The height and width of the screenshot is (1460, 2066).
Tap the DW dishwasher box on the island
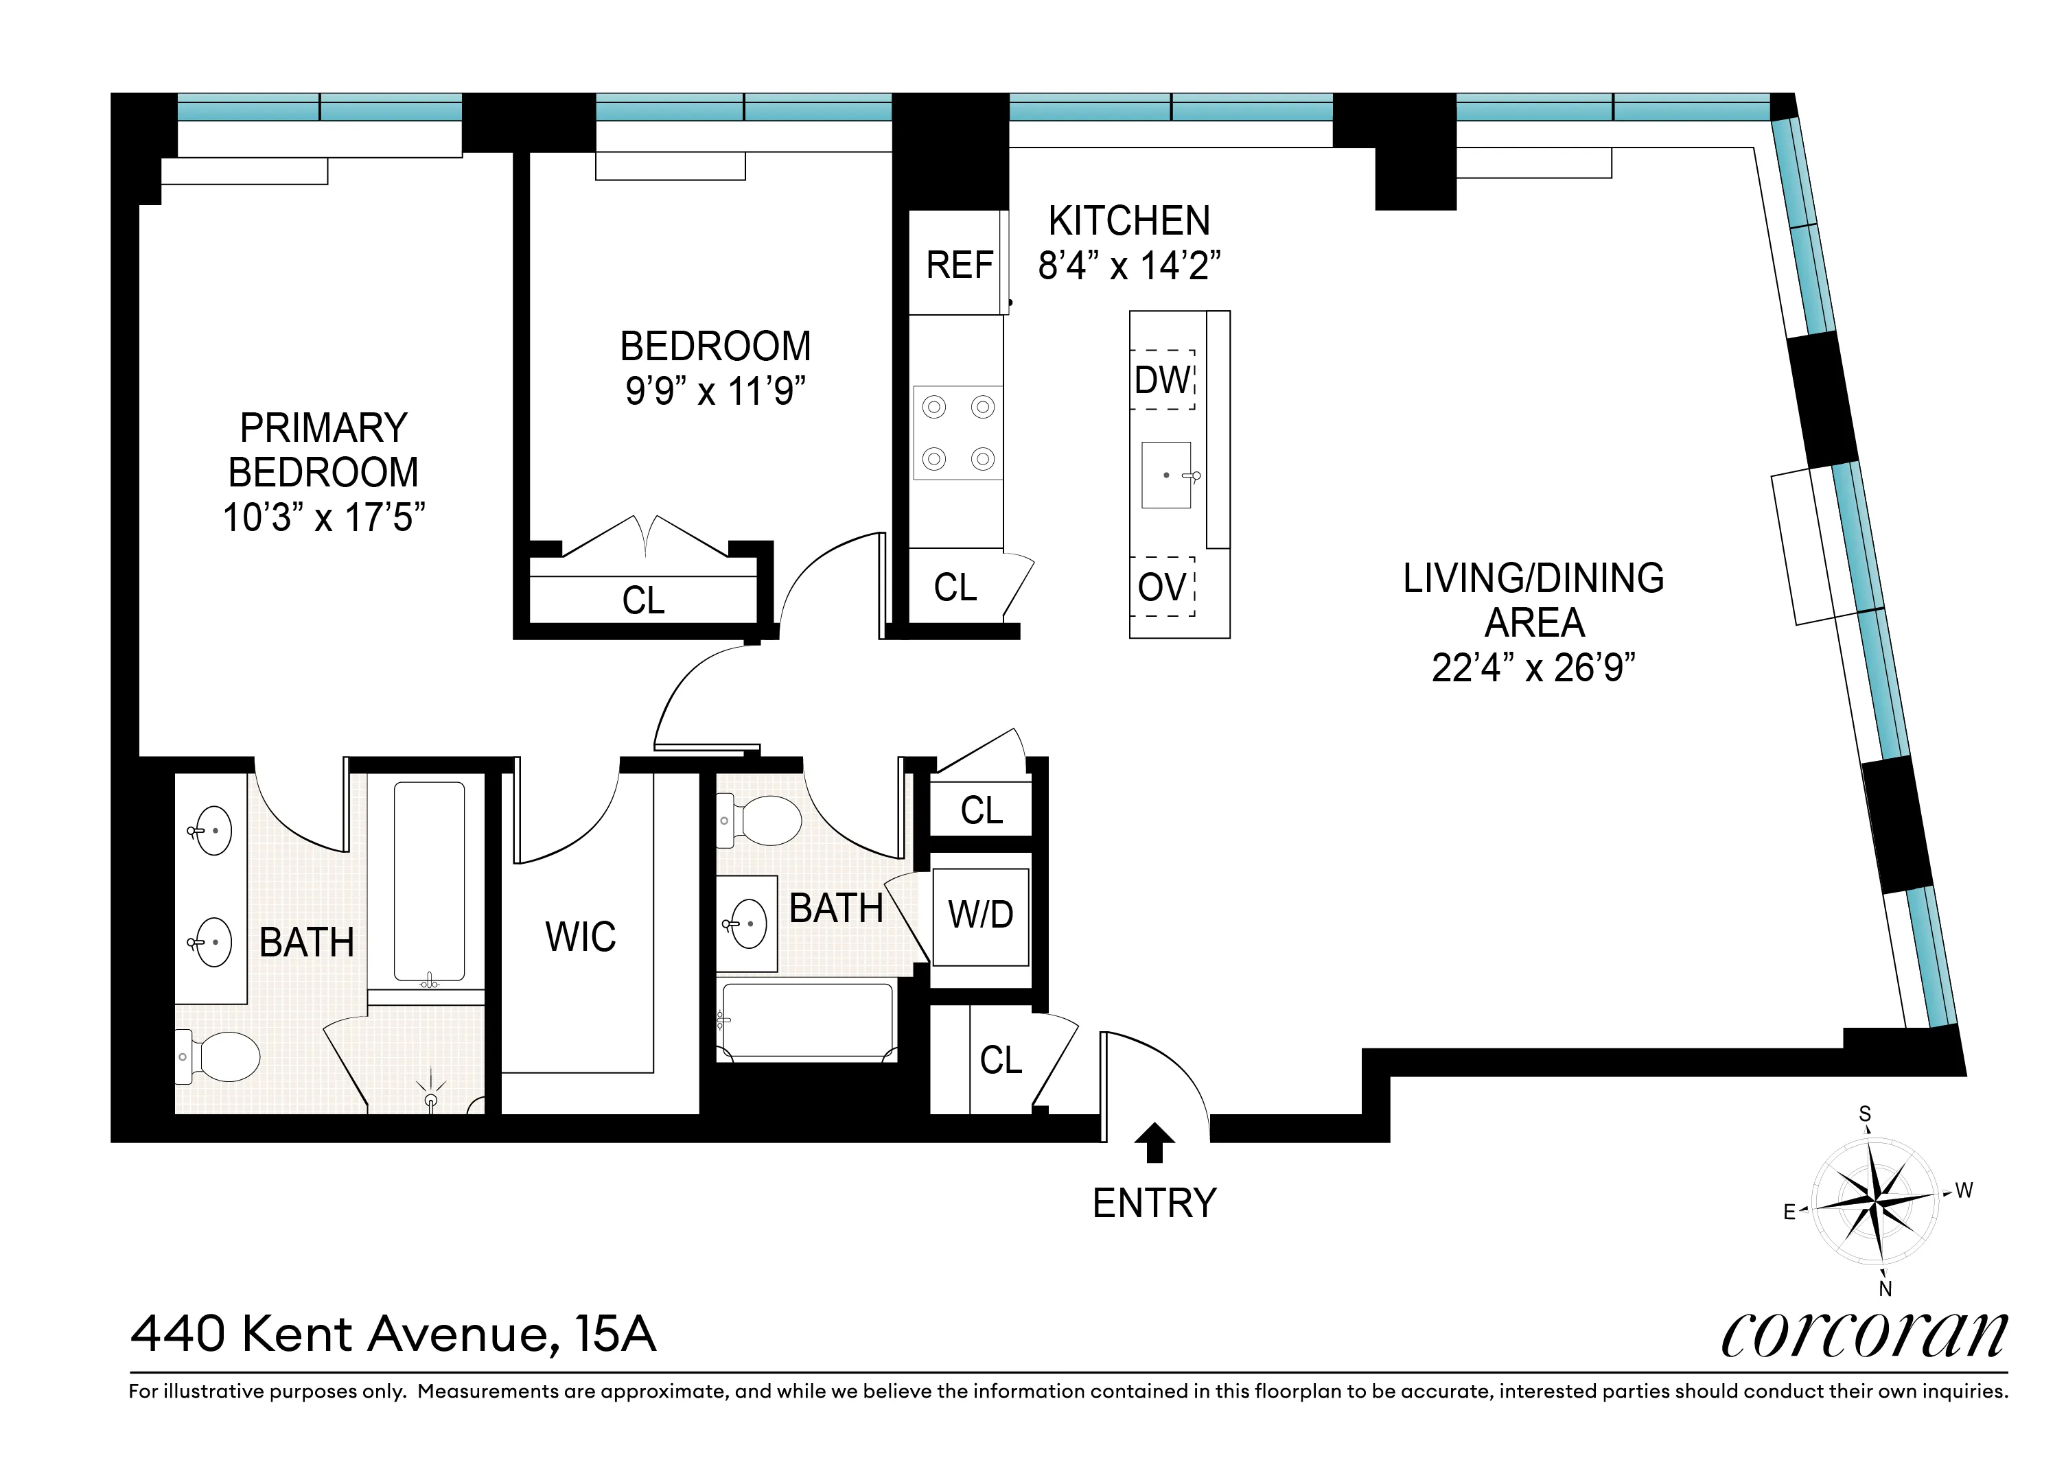[x=1163, y=379]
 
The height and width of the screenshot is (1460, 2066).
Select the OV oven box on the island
[x=1163, y=587]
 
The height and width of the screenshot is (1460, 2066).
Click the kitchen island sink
[x=1166, y=475]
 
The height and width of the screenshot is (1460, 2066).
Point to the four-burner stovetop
[x=958, y=433]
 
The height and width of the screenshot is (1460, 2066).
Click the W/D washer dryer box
[x=981, y=915]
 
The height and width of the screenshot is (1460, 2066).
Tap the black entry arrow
[x=1154, y=1144]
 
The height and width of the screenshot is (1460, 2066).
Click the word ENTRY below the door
[x=1154, y=1203]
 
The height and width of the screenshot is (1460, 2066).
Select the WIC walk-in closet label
[x=581, y=937]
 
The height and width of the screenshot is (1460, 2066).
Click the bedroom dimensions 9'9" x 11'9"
[x=715, y=391]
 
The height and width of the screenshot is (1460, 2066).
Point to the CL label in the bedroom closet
[x=643, y=600]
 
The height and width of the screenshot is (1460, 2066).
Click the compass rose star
[x=1875, y=1201]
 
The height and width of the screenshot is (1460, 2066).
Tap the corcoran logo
[x=1864, y=1335]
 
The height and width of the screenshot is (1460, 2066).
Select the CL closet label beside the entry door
[x=1001, y=1060]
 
